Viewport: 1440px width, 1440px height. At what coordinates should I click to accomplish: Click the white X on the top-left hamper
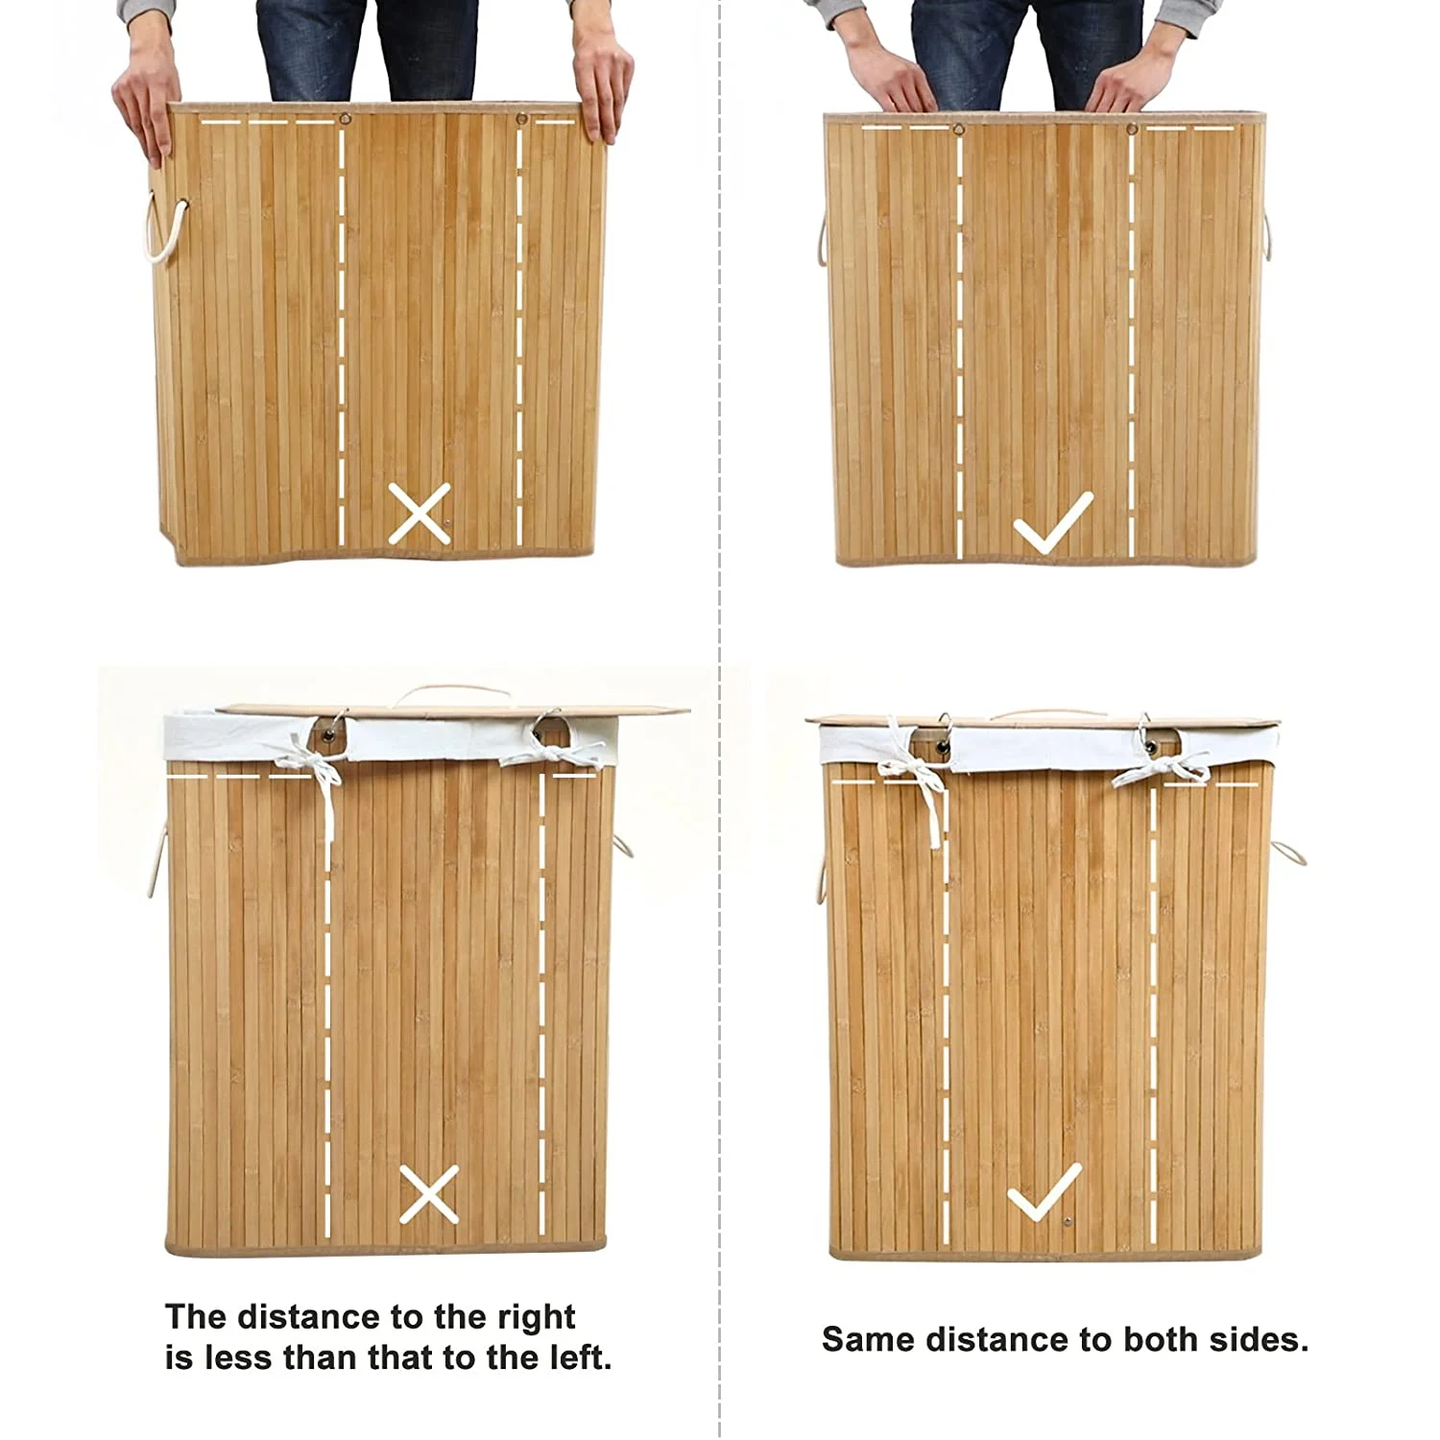pos(420,515)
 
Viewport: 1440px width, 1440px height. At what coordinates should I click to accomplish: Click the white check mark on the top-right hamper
pos(1052,522)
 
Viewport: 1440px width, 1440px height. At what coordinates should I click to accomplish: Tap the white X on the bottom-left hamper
pos(428,1193)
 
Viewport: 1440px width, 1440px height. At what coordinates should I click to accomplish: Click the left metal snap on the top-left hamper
pos(344,120)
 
